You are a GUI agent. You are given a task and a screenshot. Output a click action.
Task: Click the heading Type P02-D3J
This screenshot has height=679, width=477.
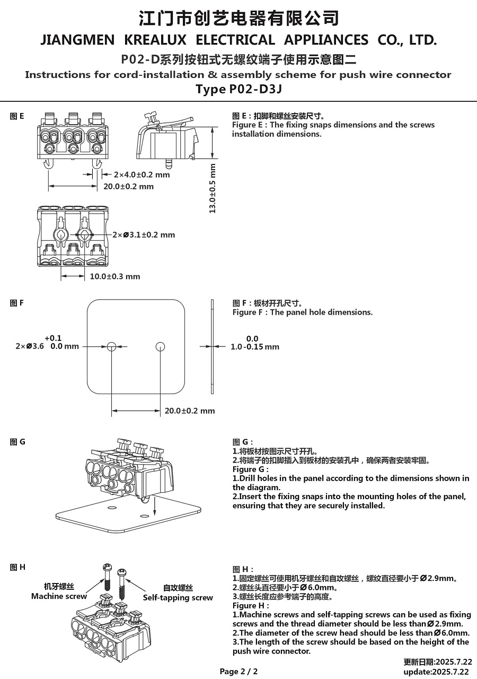pyautogui.click(x=238, y=89)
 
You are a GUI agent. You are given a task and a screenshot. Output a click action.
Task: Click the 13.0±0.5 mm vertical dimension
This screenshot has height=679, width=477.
pyautogui.click(x=213, y=188)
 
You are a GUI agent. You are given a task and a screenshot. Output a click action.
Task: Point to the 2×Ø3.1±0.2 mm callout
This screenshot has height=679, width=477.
pyautogui.click(x=143, y=234)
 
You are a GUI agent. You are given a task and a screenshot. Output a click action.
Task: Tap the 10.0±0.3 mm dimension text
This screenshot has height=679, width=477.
pyautogui.click(x=115, y=276)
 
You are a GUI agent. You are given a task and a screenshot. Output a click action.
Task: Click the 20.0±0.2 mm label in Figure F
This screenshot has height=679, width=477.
pyautogui.click(x=190, y=411)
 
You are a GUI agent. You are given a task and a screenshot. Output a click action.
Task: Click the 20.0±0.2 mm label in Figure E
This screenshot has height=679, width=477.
pyautogui.click(x=128, y=186)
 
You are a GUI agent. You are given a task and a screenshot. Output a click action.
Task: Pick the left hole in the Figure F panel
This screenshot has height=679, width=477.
pyautogui.click(x=111, y=346)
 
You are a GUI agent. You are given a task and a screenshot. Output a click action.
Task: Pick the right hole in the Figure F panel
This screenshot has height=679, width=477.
pyautogui.click(x=161, y=346)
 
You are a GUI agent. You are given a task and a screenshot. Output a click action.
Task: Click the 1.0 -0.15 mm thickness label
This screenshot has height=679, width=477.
pyautogui.click(x=254, y=346)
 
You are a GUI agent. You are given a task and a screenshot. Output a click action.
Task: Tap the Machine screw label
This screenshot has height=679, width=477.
pyautogui.click(x=59, y=596)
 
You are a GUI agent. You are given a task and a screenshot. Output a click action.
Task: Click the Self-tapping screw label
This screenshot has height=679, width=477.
pyautogui.click(x=178, y=598)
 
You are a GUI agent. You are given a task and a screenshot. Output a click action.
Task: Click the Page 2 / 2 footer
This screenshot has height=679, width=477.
pyautogui.click(x=238, y=671)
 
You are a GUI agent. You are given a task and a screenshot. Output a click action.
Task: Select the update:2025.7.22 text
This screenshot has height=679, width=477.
pyautogui.click(x=436, y=672)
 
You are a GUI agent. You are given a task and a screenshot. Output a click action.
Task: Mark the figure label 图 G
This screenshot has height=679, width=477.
pyautogui.click(x=17, y=441)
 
